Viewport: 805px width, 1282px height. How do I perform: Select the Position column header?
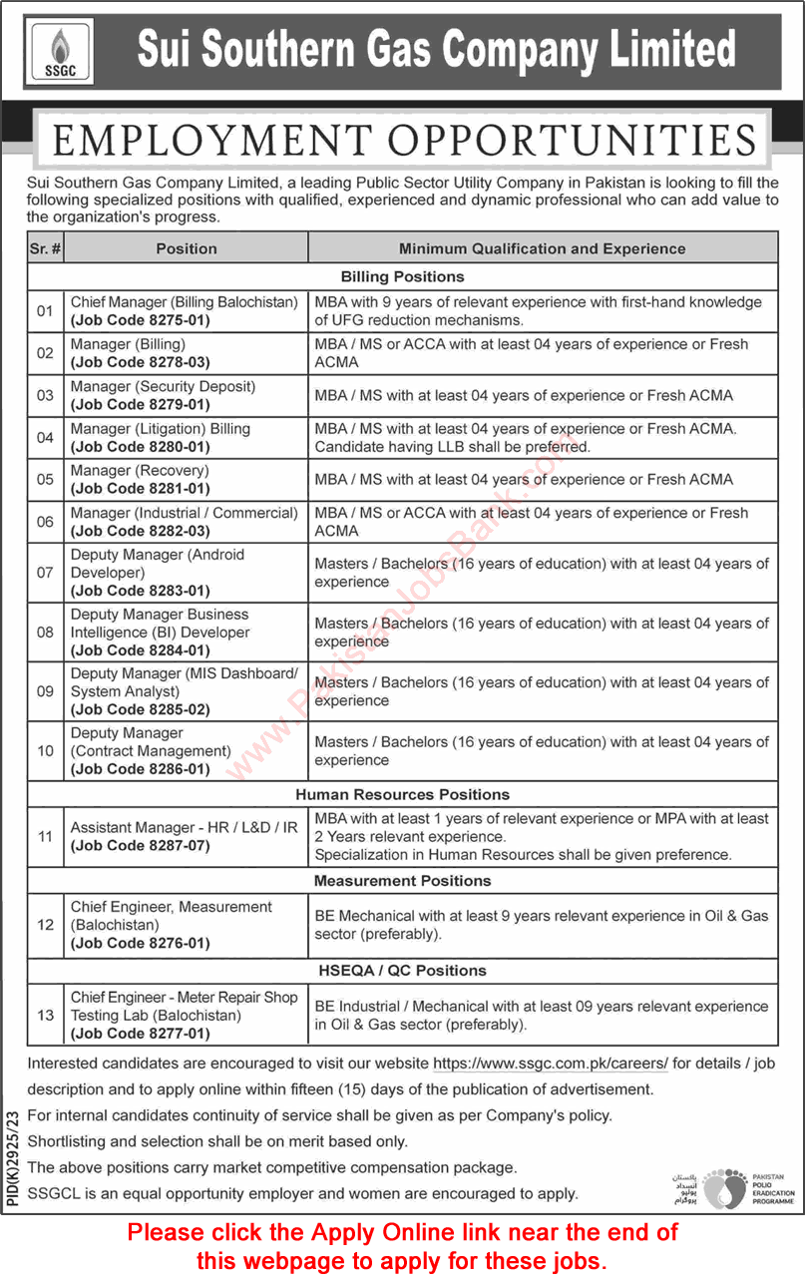tap(186, 248)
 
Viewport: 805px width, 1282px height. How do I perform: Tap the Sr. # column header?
tap(45, 248)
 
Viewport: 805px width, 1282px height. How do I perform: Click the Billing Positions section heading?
tap(402, 276)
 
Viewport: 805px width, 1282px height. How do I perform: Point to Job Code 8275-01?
tap(140, 320)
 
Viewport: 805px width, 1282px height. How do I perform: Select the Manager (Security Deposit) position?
tap(163, 386)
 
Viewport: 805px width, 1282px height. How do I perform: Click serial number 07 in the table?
tap(45, 573)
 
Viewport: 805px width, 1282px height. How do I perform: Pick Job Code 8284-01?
tap(140, 650)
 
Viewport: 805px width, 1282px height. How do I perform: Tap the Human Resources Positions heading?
tap(402, 794)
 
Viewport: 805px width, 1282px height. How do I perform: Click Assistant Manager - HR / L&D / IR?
tap(184, 827)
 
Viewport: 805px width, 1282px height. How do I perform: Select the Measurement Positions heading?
tap(402, 881)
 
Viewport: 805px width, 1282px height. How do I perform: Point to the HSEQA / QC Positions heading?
tap(402, 970)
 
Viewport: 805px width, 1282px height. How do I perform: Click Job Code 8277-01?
tap(140, 1034)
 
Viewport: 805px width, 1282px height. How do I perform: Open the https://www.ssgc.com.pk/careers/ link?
tap(551, 1065)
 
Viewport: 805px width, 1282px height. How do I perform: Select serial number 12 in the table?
tap(45, 925)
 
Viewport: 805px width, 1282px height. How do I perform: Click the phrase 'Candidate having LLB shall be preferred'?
tap(452, 446)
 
